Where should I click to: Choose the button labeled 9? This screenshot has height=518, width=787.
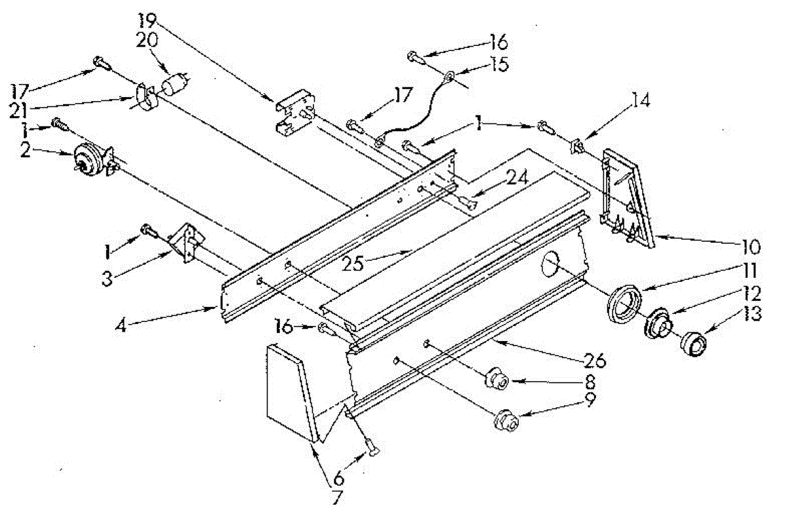[506, 419]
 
